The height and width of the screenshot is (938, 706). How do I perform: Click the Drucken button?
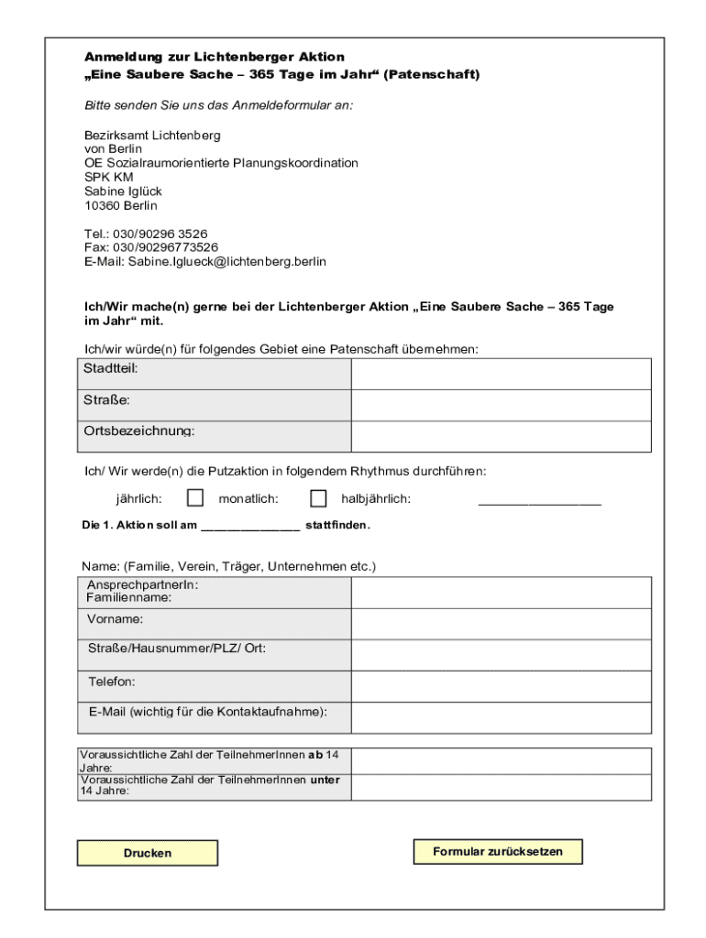click(x=148, y=853)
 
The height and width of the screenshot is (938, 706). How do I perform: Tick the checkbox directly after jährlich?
click(x=194, y=498)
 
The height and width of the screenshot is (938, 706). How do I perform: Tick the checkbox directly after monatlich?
click(x=318, y=498)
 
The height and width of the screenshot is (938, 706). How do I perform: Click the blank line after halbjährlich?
click(x=539, y=501)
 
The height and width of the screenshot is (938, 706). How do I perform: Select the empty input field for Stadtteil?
click(x=501, y=374)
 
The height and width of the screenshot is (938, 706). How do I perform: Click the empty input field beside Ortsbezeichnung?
click(x=501, y=436)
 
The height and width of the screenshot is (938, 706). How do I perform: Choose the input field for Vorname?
click(x=501, y=624)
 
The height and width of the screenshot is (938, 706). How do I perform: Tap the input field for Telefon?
click(x=501, y=686)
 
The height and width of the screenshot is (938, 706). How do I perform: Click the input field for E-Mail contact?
click(x=501, y=718)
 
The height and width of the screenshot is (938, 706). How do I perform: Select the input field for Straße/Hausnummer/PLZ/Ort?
click(x=501, y=655)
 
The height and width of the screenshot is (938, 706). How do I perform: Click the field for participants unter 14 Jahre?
click(x=501, y=787)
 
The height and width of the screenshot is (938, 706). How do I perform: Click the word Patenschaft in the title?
click(x=431, y=74)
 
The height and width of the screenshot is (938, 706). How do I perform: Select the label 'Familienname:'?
click(x=129, y=597)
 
